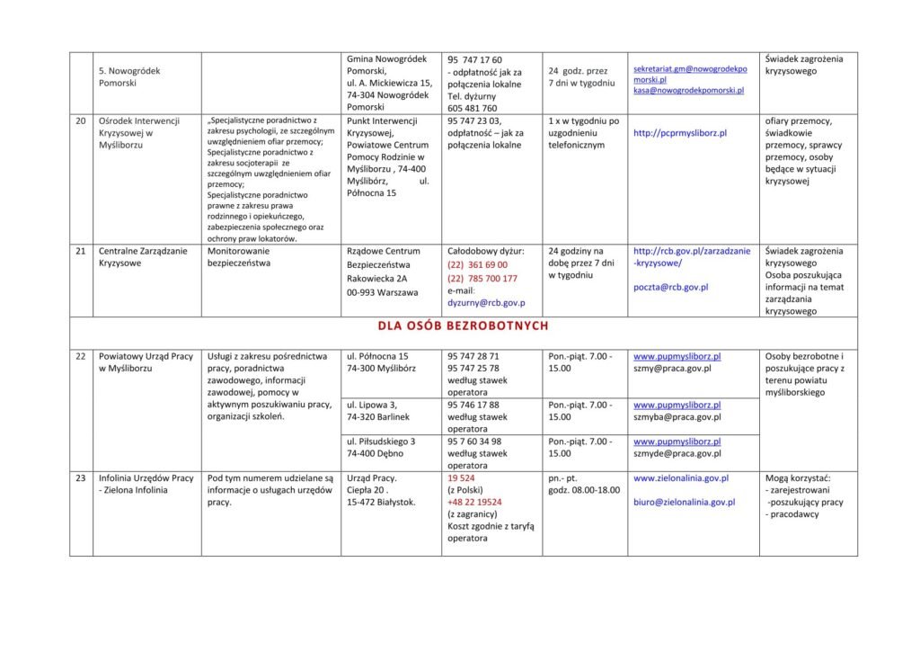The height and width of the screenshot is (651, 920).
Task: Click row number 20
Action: coord(81,120)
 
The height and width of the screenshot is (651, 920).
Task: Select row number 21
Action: coord(81,252)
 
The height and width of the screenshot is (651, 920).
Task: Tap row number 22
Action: coord(81,356)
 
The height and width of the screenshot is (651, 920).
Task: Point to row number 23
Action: coord(81,478)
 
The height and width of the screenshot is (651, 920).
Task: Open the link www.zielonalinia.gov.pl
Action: coord(681,478)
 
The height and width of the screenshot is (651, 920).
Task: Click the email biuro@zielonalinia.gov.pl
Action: coord(684,503)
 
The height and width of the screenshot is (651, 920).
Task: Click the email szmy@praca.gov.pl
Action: coord(673,369)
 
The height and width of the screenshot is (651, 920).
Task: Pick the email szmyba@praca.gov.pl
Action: coord(677,417)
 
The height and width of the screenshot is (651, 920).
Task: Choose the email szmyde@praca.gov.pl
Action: coord(677,454)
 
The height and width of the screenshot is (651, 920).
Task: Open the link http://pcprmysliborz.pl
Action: coord(680,133)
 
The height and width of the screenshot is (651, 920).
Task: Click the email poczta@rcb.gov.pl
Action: coord(671,288)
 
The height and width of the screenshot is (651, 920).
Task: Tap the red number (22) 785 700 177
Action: coord(482,279)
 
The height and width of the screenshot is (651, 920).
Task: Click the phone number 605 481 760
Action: coord(472,109)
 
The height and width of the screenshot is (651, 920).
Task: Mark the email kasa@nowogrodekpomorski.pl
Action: coord(689,91)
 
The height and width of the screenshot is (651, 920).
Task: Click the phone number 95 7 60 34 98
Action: coord(474,441)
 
